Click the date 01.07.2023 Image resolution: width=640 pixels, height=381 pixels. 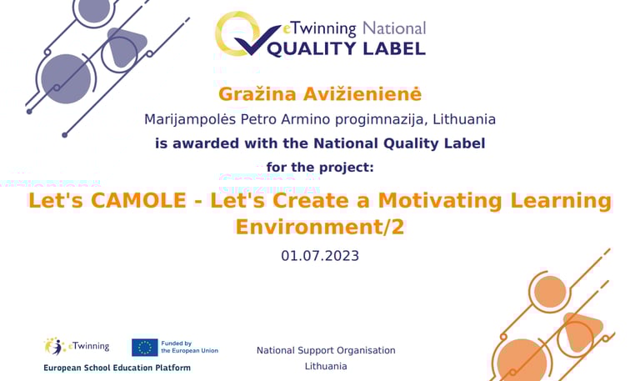click(320, 256)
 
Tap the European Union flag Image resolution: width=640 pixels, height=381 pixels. click(144, 348)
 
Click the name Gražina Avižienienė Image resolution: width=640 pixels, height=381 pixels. click(320, 94)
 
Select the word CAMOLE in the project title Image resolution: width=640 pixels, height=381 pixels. click(139, 201)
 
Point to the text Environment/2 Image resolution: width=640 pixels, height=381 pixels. click(320, 227)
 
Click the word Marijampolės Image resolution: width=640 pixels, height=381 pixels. click(190, 120)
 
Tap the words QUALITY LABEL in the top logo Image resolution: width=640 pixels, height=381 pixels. click(346, 48)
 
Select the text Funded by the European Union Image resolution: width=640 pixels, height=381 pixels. click(189, 347)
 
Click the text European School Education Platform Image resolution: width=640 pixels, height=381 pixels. click(117, 368)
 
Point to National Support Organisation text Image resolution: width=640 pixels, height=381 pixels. click(326, 350)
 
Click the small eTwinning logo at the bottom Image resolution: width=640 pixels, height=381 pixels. click(77, 347)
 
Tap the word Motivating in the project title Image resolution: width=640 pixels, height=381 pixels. click(440, 201)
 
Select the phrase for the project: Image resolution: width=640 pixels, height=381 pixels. click(320, 168)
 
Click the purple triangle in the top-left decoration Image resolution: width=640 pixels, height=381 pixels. click(126, 46)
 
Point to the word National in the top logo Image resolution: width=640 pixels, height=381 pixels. click(394, 28)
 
